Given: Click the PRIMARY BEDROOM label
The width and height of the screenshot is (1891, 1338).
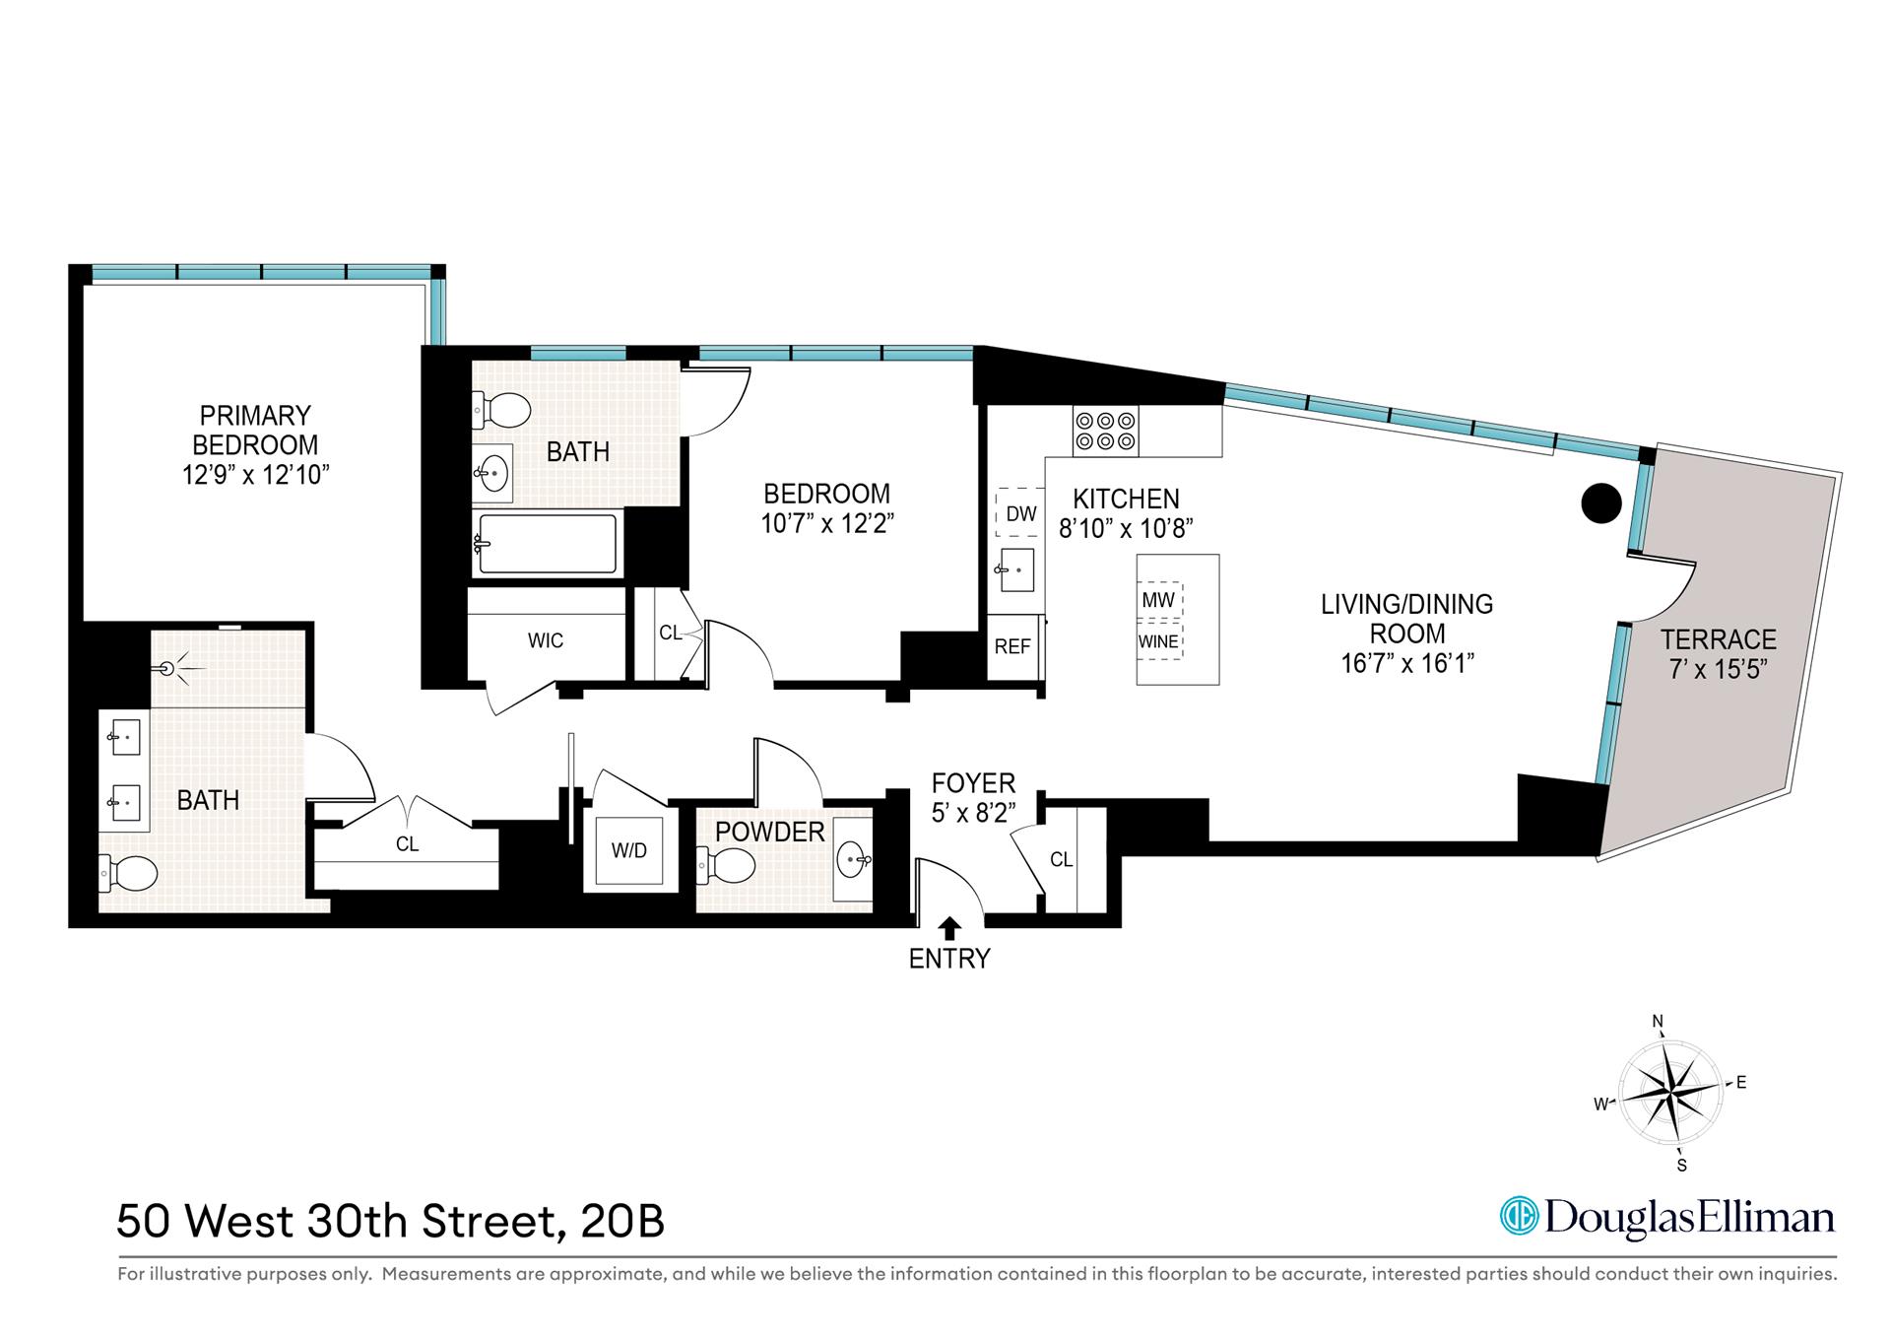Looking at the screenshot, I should [255, 430].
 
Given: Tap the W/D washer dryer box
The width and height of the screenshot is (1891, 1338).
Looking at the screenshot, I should [628, 850].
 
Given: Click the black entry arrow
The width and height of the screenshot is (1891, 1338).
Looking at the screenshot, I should [949, 927].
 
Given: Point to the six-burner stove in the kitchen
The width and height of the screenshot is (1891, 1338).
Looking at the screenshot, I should [1105, 431].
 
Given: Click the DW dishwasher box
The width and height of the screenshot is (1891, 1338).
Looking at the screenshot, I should [1020, 513].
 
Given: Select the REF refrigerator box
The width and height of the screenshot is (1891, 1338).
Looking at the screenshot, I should [1012, 646].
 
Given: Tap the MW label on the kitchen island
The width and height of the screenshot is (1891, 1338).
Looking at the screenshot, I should [1158, 600].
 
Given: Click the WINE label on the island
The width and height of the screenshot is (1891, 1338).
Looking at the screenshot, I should [1158, 641].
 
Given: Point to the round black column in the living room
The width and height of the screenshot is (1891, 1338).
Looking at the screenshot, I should [1600, 503].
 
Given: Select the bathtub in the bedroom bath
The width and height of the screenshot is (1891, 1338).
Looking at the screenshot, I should [547, 543].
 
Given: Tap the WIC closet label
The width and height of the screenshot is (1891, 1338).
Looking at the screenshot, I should [545, 640].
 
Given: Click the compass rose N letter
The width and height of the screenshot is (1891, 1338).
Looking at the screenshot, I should [1658, 1021].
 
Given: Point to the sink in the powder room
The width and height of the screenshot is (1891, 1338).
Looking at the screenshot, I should [853, 860].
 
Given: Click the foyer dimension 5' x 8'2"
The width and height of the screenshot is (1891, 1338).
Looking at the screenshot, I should [973, 812].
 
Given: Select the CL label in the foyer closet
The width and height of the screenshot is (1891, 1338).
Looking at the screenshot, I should [1061, 860].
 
